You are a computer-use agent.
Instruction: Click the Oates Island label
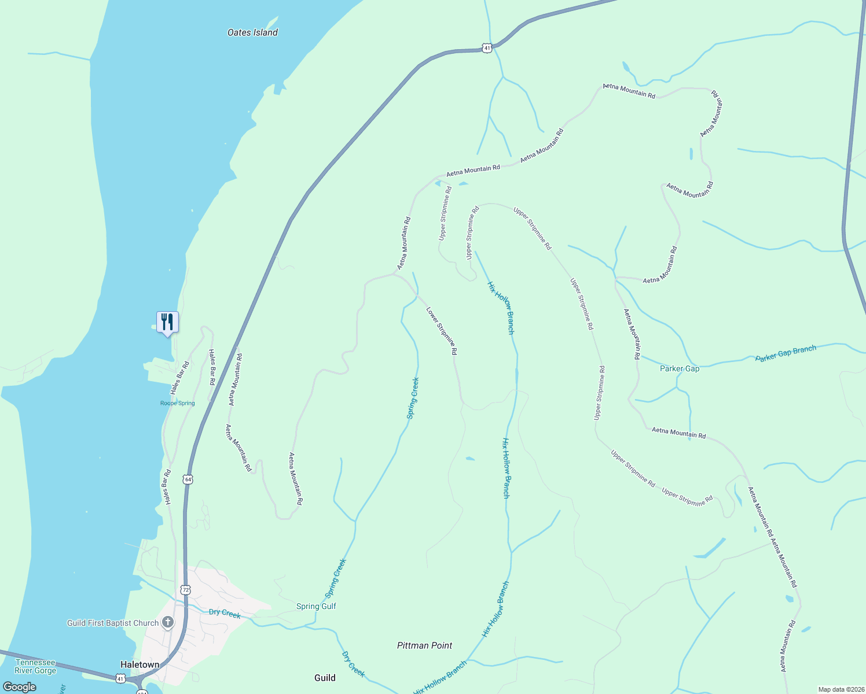252,33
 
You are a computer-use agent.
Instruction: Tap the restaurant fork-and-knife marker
167,322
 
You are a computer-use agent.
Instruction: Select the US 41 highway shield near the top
487,48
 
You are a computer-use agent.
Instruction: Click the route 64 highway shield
188,479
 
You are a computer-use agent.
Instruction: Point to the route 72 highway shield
185,590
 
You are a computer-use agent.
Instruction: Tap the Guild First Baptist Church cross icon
167,622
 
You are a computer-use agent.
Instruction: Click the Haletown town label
140,665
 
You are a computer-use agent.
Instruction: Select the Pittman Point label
424,645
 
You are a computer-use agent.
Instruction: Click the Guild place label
325,678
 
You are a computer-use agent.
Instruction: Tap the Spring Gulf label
316,606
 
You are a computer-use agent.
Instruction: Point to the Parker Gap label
680,368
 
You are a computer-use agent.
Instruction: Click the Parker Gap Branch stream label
786,353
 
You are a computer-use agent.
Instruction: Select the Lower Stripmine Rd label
442,331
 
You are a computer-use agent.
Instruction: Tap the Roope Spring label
177,403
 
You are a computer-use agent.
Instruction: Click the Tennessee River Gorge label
35,666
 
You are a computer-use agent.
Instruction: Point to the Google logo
19,686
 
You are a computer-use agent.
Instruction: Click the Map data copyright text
841,689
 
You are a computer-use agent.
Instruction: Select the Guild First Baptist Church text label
113,623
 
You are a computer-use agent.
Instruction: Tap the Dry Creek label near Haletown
225,613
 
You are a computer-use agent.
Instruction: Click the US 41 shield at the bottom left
120,677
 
